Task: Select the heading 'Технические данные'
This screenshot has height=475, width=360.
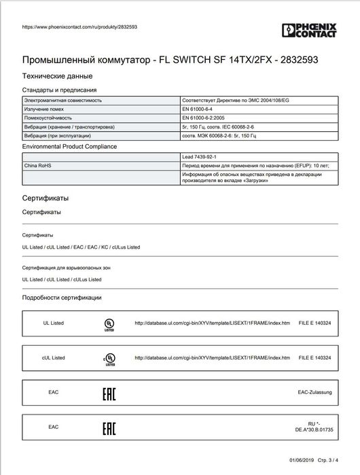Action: pyautogui.click(x=57, y=76)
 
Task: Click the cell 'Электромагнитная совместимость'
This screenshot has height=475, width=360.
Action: pyautogui.click(x=63, y=100)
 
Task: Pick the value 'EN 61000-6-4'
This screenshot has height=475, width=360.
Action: pyautogui.click(x=199, y=109)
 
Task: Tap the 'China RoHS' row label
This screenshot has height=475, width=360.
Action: pyautogui.click(x=38, y=164)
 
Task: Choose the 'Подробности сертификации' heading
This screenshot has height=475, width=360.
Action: pyautogui.click(x=62, y=297)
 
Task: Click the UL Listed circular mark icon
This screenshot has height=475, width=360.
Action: pyautogui.click(x=109, y=324)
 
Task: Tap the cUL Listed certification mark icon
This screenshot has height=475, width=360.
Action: pyautogui.click(x=109, y=357)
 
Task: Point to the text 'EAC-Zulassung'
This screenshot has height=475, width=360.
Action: pyautogui.click(x=313, y=392)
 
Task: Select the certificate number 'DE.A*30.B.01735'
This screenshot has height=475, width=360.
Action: pyautogui.click(x=313, y=431)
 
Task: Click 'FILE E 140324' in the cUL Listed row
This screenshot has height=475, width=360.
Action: pyautogui.click(x=316, y=357)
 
